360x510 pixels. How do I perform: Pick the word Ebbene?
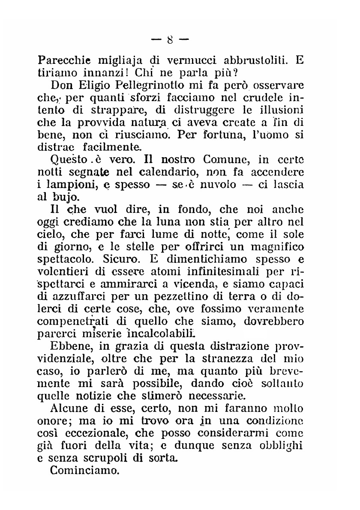click(x=72, y=346)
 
